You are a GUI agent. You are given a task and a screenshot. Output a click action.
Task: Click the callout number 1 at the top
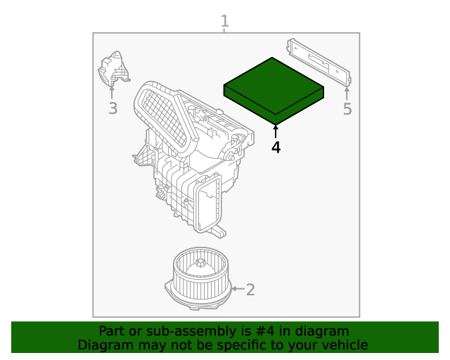(225, 21)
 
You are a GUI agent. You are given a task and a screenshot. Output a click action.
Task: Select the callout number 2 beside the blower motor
(250, 289)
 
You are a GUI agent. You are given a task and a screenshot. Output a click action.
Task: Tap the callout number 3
(112, 108)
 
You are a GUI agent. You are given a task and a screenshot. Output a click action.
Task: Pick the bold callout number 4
(276, 147)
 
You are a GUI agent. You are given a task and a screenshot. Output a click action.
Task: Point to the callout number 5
(347, 109)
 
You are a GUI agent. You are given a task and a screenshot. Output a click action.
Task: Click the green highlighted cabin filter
(274, 90)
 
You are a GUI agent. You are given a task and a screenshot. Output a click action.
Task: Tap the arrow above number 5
(347, 92)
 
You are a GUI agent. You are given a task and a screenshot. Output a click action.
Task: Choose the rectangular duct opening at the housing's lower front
(209, 204)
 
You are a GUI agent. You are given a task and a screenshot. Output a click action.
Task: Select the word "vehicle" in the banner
(344, 345)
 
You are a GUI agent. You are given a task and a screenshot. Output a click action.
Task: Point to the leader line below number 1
(225, 30)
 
